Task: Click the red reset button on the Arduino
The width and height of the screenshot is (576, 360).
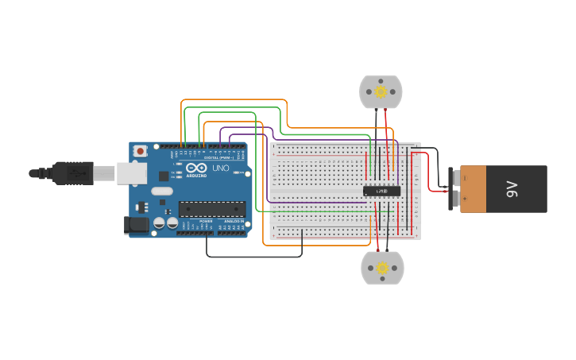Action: tap(141, 150)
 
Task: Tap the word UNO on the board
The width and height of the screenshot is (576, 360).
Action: tap(220, 168)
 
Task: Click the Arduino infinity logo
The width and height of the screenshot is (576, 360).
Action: tap(195, 168)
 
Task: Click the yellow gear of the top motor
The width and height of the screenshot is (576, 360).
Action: tap(381, 92)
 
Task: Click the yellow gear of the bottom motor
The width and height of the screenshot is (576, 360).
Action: tap(382, 268)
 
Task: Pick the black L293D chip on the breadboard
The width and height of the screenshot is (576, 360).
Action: tap(381, 191)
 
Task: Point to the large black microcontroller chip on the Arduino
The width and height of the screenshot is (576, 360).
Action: tap(211, 209)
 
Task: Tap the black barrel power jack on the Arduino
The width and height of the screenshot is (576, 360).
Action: tap(138, 225)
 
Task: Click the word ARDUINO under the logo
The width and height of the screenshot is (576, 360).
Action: tap(195, 176)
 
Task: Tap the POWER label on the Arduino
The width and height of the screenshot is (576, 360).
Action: tap(206, 221)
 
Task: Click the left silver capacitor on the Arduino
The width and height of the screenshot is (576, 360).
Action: tap(160, 224)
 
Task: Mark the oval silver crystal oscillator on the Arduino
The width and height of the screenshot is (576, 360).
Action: tap(161, 191)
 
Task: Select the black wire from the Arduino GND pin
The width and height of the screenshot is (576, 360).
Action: tap(254, 256)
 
